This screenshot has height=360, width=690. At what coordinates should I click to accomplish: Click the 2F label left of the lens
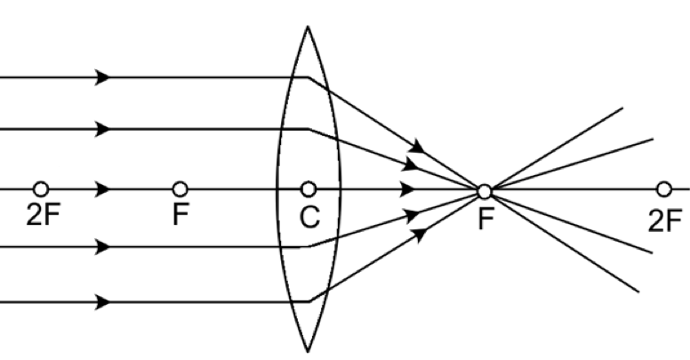click(x=43, y=215)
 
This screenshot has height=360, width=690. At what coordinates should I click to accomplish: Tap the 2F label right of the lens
click(x=665, y=221)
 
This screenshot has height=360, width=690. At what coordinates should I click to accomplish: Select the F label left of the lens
click(x=181, y=215)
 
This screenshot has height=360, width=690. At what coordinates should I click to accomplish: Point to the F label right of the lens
click(x=485, y=220)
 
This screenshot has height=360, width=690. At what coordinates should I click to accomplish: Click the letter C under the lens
click(x=309, y=217)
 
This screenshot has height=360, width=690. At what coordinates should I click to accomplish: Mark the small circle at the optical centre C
click(x=309, y=189)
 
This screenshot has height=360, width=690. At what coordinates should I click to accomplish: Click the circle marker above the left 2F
click(x=41, y=189)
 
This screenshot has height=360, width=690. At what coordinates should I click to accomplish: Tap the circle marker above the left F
click(x=180, y=189)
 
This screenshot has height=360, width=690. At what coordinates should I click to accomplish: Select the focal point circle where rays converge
click(x=485, y=192)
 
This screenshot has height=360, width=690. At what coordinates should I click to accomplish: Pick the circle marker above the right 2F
click(x=664, y=189)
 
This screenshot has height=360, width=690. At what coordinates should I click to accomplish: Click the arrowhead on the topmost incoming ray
click(x=102, y=77)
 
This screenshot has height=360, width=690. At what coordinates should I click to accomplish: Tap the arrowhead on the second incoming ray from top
click(x=102, y=130)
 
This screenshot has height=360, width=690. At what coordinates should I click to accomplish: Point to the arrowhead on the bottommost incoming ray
click(x=102, y=302)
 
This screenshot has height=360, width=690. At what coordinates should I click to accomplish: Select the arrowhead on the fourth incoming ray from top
click(x=102, y=247)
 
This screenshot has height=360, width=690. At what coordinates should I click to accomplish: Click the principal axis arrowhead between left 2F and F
click(x=102, y=189)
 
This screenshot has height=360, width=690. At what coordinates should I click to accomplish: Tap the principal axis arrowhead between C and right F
click(x=407, y=189)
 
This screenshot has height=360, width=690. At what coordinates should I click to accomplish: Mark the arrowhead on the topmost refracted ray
click(x=418, y=146)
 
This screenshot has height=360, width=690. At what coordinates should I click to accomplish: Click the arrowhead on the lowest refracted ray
click(x=420, y=234)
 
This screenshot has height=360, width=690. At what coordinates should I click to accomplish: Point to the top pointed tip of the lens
click(x=308, y=26)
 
